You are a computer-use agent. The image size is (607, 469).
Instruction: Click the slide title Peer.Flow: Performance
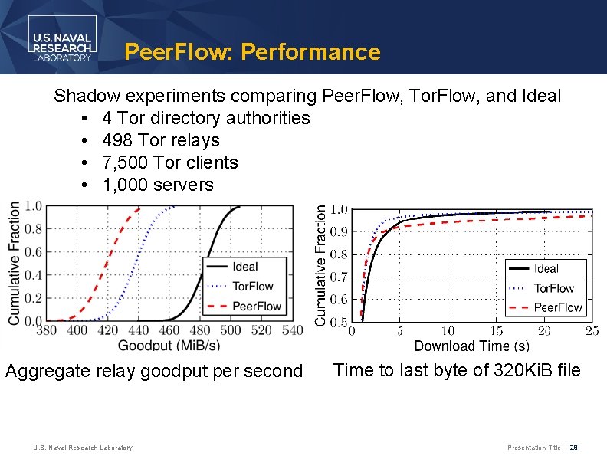pos(252,52)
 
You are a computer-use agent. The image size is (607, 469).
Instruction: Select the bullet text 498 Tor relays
pos(160,140)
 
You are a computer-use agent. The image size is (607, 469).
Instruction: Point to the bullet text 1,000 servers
pos(157,185)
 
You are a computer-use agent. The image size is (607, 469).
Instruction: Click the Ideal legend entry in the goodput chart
pos(244,267)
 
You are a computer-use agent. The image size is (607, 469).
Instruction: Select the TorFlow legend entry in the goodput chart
pos(252,287)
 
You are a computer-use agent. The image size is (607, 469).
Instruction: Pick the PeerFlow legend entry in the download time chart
pos(557,307)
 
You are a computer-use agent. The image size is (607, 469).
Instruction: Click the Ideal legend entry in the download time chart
pos(546,269)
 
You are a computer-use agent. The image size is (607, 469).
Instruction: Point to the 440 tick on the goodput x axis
pos(139,330)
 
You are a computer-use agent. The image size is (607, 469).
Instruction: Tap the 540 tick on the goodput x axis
pos(292,330)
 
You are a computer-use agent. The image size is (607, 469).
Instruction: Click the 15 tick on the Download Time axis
pos(496,332)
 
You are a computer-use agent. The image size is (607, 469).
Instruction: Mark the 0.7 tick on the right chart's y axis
pos(337,277)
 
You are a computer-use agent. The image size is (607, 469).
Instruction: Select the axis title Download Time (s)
pos(471,346)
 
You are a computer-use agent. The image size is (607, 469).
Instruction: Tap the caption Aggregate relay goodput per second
pos(154,371)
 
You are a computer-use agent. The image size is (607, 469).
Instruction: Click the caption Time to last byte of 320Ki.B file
pos(458,371)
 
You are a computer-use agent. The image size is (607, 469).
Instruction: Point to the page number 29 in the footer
pos(574,448)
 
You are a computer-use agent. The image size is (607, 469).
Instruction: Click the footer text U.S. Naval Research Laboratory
pos(83,448)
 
